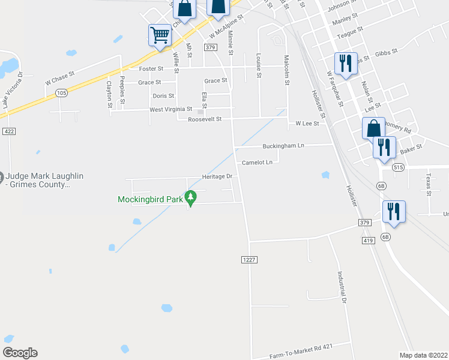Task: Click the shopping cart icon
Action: [160, 35]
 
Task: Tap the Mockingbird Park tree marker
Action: [191, 197]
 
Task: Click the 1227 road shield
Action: [250, 259]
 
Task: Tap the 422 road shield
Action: [8, 131]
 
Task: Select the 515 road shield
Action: [398, 168]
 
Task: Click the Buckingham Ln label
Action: [283, 146]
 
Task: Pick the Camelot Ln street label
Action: [257, 163]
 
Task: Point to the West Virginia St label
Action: [170, 109]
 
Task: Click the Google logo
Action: [20, 353]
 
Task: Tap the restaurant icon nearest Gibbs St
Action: [345, 64]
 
